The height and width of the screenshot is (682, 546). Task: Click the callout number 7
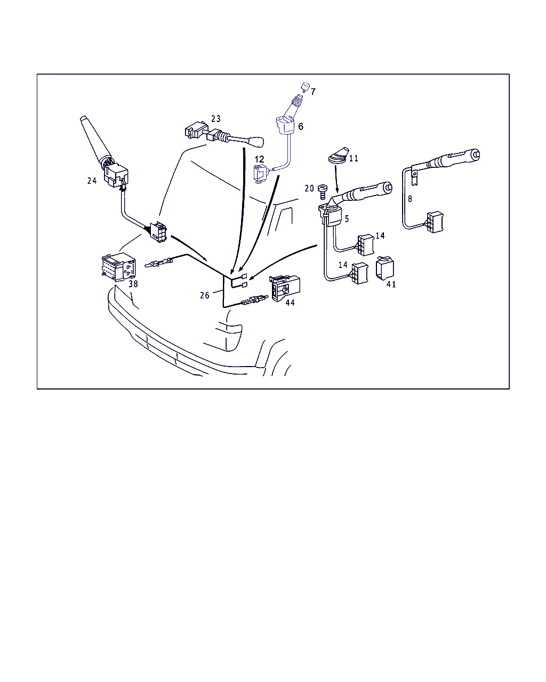click(x=313, y=92)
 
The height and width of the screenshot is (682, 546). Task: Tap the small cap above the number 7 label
click(x=305, y=87)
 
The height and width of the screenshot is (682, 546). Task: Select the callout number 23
click(x=216, y=119)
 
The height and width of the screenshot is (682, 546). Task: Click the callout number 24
click(x=92, y=181)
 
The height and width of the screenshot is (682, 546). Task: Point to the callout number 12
click(x=259, y=159)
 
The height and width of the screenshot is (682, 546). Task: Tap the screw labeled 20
click(x=323, y=191)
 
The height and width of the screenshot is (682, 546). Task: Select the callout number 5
click(x=347, y=218)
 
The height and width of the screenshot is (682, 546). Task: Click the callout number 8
click(x=410, y=199)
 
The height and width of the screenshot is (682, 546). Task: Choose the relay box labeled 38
click(x=118, y=267)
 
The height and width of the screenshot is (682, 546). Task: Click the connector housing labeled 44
click(x=285, y=288)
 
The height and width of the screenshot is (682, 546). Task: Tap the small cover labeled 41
click(x=384, y=268)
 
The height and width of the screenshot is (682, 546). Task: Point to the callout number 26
click(x=205, y=295)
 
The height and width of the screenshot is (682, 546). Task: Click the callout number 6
click(x=301, y=126)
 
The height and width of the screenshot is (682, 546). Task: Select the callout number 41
click(x=391, y=285)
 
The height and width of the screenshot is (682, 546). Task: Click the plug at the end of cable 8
click(x=435, y=222)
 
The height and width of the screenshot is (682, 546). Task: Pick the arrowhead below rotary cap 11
click(x=337, y=190)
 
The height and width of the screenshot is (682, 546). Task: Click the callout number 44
click(x=290, y=303)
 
